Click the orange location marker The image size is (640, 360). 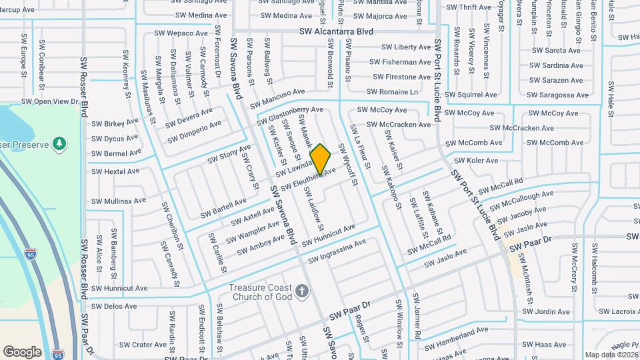[x=321, y=159]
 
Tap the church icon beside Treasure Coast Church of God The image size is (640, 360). [x=302, y=290]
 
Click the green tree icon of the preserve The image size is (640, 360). [x=59, y=143]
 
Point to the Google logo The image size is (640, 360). [x=22, y=351]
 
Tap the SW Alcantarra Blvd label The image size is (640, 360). [x=335, y=31]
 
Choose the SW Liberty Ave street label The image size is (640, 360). [x=406, y=47]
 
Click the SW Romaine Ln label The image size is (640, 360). [x=392, y=92]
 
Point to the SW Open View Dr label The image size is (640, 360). [x=50, y=101]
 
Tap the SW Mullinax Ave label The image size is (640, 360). [x=119, y=201]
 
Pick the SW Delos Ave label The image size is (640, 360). [x=114, y=307]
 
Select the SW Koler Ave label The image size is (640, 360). [x=476, y=161]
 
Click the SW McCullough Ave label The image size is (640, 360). [x=521, y=201]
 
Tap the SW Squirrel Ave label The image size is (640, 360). [x=473, y=95]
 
